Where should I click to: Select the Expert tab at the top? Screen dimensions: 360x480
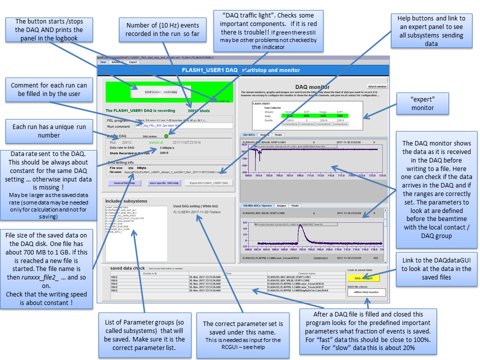[133, 62]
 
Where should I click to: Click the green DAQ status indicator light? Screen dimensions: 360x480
[166, 135]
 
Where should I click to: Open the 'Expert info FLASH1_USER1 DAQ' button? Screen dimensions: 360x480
[208, 183]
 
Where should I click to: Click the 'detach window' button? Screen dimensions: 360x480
[377, 86]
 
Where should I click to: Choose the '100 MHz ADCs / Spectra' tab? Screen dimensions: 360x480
[256, 205]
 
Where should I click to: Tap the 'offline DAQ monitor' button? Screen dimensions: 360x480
[367, 292]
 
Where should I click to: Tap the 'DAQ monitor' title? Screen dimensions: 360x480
[312, 86]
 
